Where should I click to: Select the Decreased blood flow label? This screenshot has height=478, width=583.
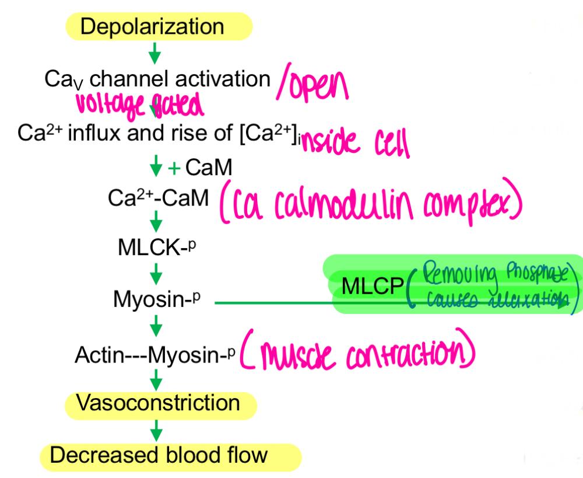(x=170, y=455)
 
